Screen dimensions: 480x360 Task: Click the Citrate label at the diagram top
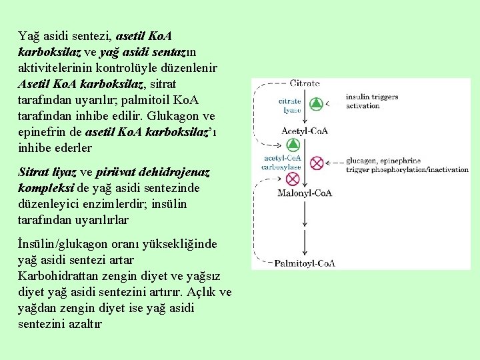pos(305,83)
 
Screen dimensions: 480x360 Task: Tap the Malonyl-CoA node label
pos(305,193)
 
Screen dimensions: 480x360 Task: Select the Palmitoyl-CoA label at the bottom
pos(305,263)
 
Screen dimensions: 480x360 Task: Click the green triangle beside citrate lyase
pos(317,104)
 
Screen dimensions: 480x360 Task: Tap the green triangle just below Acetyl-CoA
pos(291,145)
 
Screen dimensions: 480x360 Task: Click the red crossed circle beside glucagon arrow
pos(317,162)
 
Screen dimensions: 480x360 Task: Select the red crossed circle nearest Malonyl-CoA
pos(291,179)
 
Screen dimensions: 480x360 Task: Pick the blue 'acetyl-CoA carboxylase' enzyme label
pos(283,162)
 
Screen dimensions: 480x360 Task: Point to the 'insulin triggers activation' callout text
pos(371,101)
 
